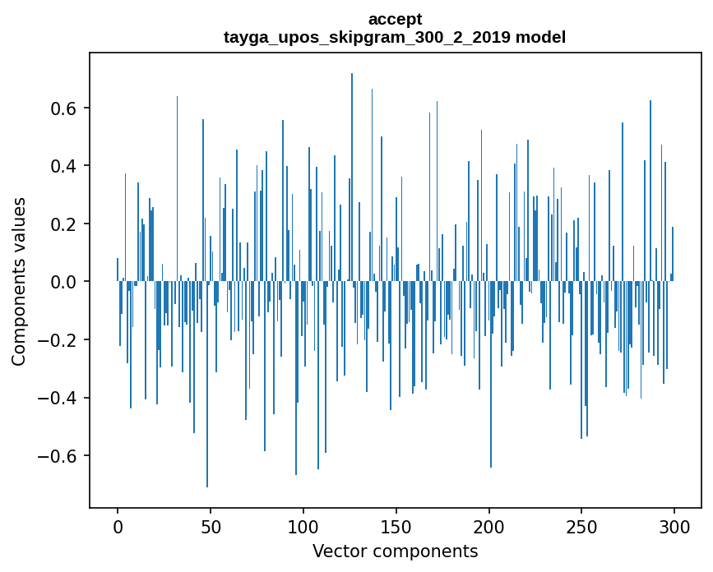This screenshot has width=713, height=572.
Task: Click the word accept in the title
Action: [x=395, y=19]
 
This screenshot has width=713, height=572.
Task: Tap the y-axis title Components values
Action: [x=19, y=281]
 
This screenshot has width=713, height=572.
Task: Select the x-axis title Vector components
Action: [x=395, y=551]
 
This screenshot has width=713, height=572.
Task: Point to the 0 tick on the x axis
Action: [x=118, y=525]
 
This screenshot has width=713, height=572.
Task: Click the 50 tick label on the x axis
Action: [x=211, y=525]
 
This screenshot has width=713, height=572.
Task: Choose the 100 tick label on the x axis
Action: [x=303, y=525]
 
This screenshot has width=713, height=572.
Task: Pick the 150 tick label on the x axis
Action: [x=396, y=525]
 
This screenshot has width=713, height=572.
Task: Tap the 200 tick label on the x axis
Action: [x=489, y=525]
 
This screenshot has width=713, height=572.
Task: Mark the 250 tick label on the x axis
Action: [x=581, y=525]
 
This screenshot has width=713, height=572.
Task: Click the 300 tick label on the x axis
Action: [x=674, y=525]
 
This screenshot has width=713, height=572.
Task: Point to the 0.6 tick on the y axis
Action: [x=65, y=108]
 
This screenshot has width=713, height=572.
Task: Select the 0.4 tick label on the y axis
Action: [x=65, y=166]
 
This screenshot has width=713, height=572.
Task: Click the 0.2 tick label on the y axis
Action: [x=65, y=224]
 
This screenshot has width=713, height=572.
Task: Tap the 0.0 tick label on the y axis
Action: [x=65, y=282]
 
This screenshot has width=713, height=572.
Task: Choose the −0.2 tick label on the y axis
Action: [x=59, y=340]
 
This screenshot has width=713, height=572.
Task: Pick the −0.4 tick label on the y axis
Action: [x=59, y=398]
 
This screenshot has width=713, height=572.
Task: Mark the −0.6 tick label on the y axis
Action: [x=59, y=456]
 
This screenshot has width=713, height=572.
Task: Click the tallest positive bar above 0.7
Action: [x=352, y=164]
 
